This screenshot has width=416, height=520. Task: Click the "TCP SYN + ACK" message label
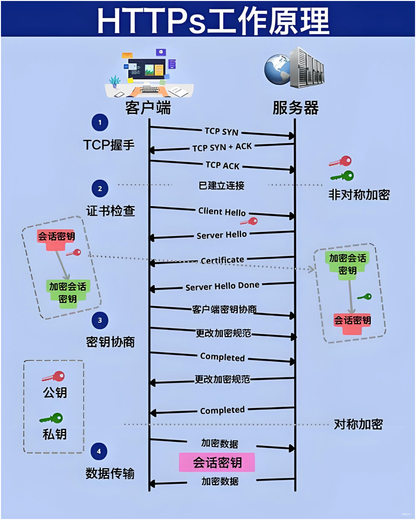coord(222,147)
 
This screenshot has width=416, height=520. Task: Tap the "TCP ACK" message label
coord(222,165)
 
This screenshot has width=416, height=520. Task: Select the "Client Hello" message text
coord(222,212)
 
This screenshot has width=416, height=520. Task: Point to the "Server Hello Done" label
coord(222,286)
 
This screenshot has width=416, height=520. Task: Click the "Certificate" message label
coord(222,260)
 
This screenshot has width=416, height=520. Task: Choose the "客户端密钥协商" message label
coord(224,309)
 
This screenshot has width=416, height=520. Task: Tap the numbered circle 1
coord(100,123)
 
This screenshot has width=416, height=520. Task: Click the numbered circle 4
coord(99,451)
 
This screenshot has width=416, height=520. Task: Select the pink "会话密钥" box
coord(217,463)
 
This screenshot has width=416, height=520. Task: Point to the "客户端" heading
coord(148,108)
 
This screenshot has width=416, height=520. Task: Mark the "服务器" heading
coord(295,108)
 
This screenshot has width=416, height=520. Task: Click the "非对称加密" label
coord(359,194)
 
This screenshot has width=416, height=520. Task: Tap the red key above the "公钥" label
coord(53,376)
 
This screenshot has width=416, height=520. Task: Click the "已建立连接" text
coord(221,185)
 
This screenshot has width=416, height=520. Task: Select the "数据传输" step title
coord(110,473)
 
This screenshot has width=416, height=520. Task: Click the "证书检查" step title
coord(110,211)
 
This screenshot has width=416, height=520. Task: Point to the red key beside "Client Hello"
coord(249,221)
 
